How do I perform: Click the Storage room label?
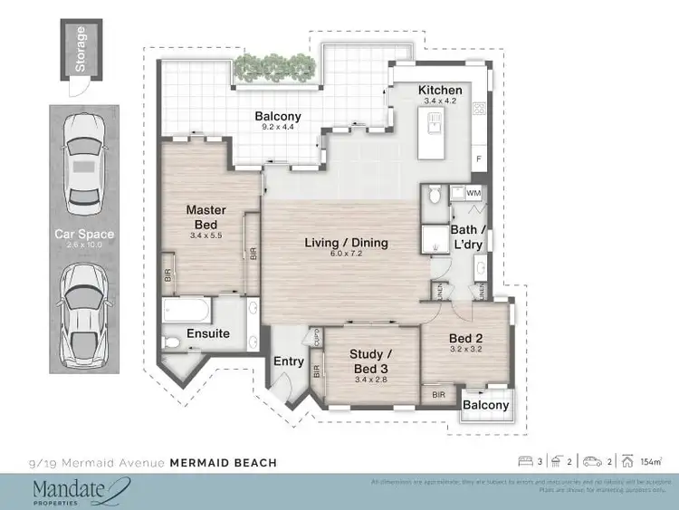click(81, 50)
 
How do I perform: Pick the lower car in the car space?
click(84, 312)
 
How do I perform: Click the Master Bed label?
click(206, 217)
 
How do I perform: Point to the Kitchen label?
click(440, 91)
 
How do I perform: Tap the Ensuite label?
click(208, 333)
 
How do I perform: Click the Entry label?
click(289, 361)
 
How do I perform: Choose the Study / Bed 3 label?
click(371, 360)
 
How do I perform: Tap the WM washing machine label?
click(473, 193)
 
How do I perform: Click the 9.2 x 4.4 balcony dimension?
click(277, 129)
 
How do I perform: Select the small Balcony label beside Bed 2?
click(486, 405)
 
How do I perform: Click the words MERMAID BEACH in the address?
click(223, 463)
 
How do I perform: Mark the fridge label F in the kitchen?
click(478, 159)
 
